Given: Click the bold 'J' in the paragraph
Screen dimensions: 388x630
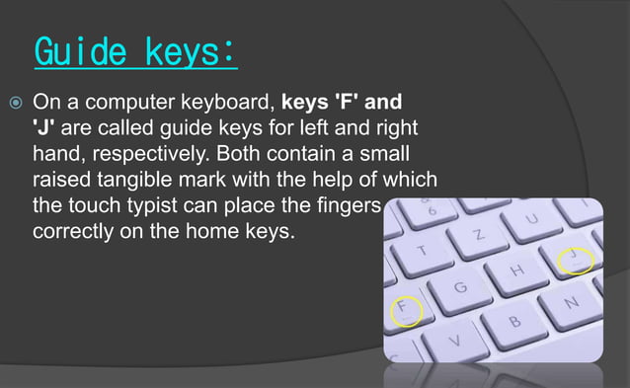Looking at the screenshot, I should pos(44,128).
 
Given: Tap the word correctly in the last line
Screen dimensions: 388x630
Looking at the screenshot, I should pos(73,235).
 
